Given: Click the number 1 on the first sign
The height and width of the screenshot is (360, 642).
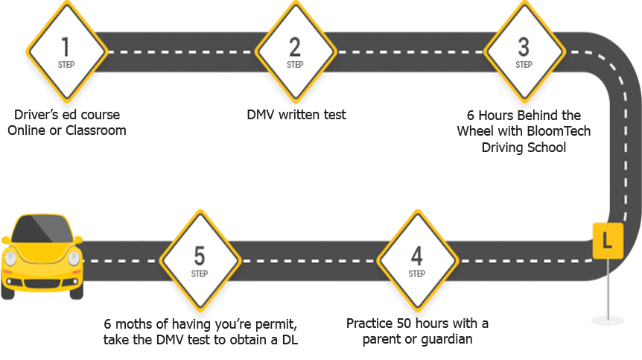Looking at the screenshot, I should (x=66, y=46).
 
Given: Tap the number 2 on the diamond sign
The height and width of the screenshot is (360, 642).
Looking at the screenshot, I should (x=295, y=46).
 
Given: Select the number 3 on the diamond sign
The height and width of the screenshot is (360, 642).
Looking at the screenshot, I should (x=524, y=46).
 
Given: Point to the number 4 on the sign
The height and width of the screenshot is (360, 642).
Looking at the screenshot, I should (x=416, y=256).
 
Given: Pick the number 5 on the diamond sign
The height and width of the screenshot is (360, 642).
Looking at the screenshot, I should (x=199, y=256).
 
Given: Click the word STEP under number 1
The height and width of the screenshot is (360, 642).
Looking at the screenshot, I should (x=66, y=64).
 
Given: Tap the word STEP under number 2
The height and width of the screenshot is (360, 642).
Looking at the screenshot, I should (x=295, y=64).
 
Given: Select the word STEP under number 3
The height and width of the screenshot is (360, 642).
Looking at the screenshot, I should (x=524, y=64).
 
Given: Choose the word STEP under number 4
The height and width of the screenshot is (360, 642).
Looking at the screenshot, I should (x=416, y=274).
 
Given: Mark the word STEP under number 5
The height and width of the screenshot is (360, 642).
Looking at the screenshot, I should (x=199, y=274).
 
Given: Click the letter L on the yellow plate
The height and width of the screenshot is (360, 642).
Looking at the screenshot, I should (x=607, y=241).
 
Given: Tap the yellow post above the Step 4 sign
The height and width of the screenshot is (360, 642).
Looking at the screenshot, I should (x=417, y=179).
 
